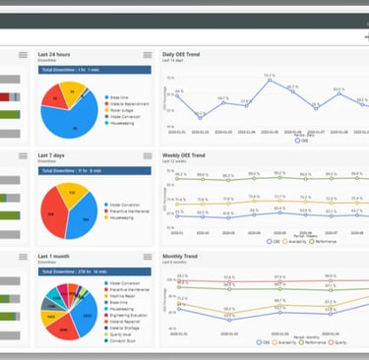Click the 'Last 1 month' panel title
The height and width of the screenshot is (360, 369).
[x=55, y=255]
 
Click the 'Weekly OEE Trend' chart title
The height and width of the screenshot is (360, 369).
[x=191, y=154]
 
